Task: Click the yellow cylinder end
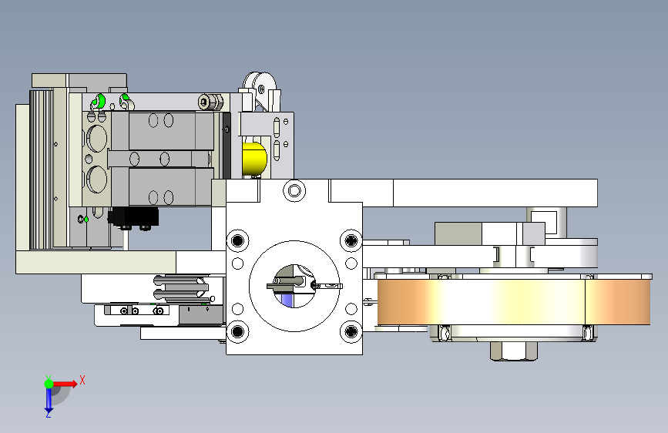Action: tap(254, 159)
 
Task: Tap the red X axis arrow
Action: tap(64, 384)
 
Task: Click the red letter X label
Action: tap(82, 380)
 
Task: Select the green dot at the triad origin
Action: tap(49, 384)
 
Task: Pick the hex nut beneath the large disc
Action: tap(514, 351)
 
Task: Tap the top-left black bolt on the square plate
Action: tap(238, 241)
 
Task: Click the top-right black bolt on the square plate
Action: tap(351, 241)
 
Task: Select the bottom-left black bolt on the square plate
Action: tap(238, 331)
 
